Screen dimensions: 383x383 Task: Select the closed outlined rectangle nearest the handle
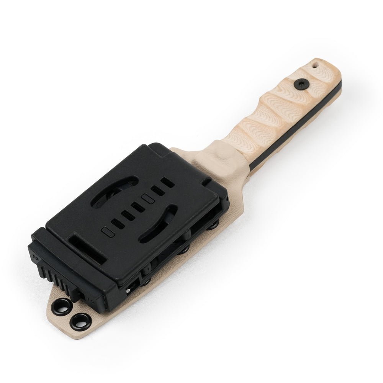click(x=147, y=198)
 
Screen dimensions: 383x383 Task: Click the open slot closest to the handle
click(x=167, y=181)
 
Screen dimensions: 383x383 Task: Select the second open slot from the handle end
click(x=156, y=190)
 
